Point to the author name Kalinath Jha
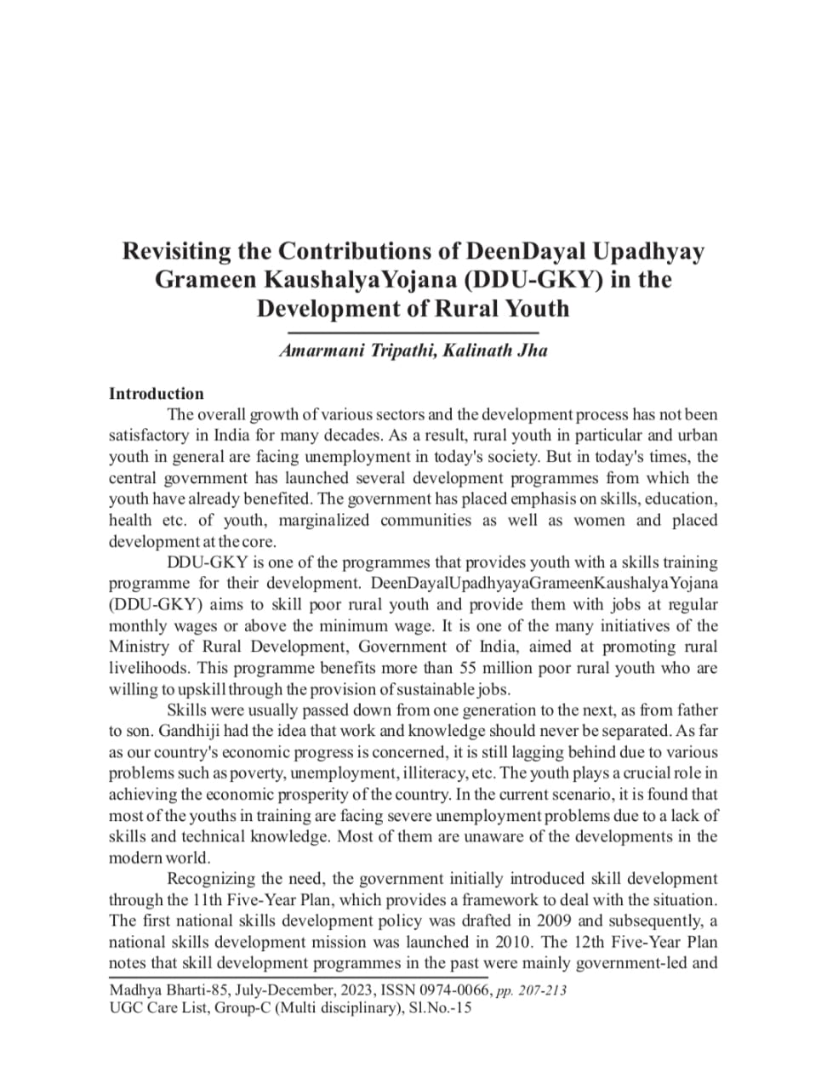[494, 351]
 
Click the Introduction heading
[157, 394]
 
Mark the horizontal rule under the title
[413, 331]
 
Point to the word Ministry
[140, 647]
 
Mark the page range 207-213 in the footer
[541, 990]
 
